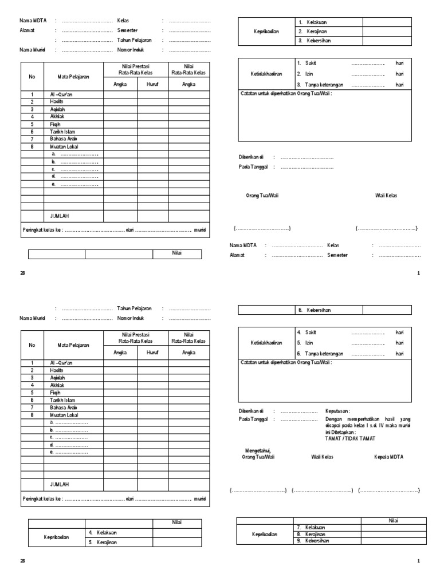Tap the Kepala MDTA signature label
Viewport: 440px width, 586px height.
(x=389, y=457)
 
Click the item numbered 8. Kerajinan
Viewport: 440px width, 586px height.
(x=312, y=534)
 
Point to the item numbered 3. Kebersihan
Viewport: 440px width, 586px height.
(x=313, y=41)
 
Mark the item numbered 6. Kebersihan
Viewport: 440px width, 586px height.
(x=313, y=310)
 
